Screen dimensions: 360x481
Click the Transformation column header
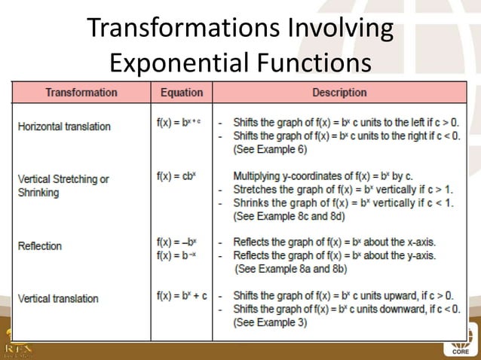tap(81, 93)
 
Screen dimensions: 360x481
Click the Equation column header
tap(182, 93)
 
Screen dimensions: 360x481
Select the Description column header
tap(339, 93)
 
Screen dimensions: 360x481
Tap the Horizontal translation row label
tap(64, 127)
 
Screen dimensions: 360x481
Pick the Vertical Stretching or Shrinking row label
tap(63, 185)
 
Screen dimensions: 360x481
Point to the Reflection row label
tap(40, 246)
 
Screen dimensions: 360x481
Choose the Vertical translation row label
tap(58, 298)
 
